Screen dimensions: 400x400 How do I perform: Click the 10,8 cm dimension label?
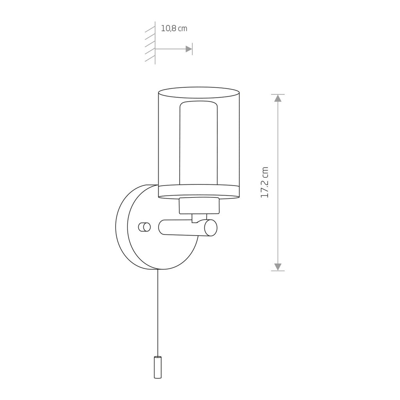174,28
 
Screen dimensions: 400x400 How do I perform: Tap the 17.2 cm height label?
264,182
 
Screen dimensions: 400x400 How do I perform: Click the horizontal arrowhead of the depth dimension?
189,49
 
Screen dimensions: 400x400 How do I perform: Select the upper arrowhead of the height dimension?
278,98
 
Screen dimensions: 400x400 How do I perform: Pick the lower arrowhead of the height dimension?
278,267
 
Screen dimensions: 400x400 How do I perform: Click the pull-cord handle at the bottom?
158,367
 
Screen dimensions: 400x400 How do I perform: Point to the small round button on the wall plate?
145,227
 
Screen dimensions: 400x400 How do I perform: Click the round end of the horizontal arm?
211,228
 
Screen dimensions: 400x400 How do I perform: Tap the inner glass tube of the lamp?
199,143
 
